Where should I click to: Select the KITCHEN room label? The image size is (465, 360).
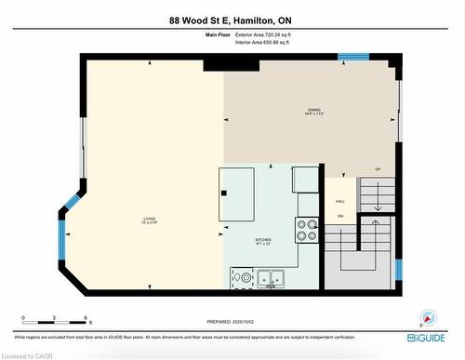[264, 240]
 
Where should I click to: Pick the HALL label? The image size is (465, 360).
[340, 200]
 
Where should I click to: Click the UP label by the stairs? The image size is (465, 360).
[378, 169]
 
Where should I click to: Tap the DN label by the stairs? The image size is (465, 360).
[341, 215]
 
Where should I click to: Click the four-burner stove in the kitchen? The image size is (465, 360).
[309, 229]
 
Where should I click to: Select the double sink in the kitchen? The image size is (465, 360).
[271, 277]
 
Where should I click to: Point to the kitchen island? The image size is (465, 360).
[236, 193]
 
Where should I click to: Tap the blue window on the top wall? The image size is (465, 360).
[353, 57]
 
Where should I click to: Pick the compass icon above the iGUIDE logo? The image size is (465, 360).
[428, 317]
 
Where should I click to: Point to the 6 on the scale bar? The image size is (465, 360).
[86, 317]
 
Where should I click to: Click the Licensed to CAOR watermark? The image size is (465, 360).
[27, 354]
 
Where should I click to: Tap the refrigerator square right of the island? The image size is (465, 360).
[305, 178]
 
